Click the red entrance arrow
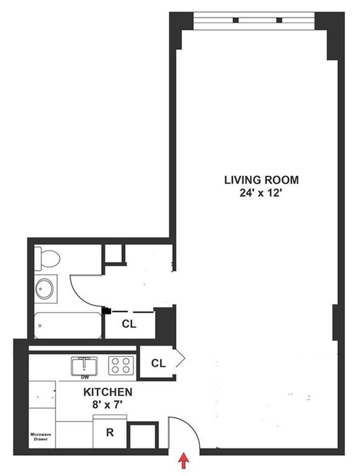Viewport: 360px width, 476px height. point(184,461)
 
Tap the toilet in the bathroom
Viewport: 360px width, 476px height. point(47,258)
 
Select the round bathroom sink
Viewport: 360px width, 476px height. point(45,289)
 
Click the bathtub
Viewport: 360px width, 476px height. point(67,325)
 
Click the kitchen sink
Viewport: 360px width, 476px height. point(84,366)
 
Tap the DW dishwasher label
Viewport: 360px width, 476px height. point(85,378)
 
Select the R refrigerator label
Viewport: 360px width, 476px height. point(110,432)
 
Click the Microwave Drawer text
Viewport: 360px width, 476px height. point(40,436)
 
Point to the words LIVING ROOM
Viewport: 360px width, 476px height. point(261,180)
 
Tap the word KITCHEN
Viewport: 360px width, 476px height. point(108,392)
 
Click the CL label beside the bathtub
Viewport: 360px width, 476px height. point(129,324)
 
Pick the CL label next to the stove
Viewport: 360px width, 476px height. point(158,363)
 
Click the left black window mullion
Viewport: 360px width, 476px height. point(236,20)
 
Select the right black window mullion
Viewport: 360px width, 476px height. point(279,20)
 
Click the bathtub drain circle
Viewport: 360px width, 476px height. point(40,326)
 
